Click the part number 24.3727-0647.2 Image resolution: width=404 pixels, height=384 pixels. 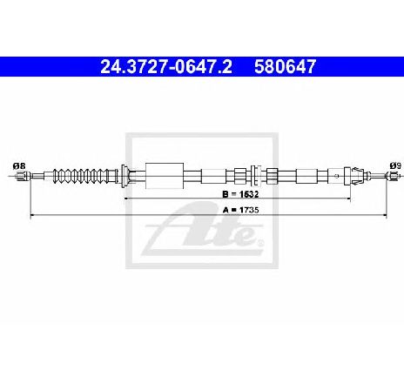[166, 66]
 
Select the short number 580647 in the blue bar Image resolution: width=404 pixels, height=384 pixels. [285, 66]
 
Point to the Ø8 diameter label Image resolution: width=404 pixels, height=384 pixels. [19, 166]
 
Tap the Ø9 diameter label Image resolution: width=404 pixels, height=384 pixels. [395, 165]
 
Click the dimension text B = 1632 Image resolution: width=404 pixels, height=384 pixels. [240, 194]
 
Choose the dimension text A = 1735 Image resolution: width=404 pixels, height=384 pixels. [240, 210]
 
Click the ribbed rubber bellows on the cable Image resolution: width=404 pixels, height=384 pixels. [85, 176]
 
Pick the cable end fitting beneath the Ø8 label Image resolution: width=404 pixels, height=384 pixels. [23, 176]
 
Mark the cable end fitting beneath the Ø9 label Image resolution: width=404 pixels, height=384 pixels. [392, 176]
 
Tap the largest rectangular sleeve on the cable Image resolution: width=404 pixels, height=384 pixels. [165, 176]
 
